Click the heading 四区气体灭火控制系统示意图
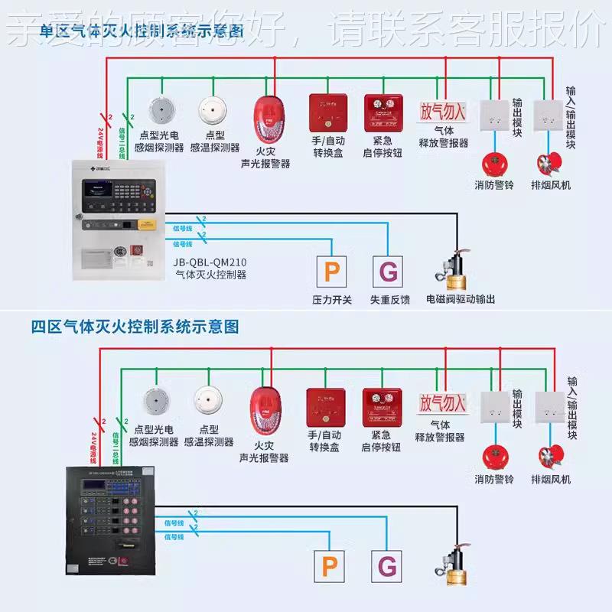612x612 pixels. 135,327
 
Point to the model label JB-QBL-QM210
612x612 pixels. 210,261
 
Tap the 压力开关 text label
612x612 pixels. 332,300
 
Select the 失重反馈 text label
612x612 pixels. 390,300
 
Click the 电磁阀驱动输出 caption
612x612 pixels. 460,300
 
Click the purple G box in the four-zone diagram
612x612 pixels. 388,566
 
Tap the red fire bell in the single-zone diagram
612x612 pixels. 493,163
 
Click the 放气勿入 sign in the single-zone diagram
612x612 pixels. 441,112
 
